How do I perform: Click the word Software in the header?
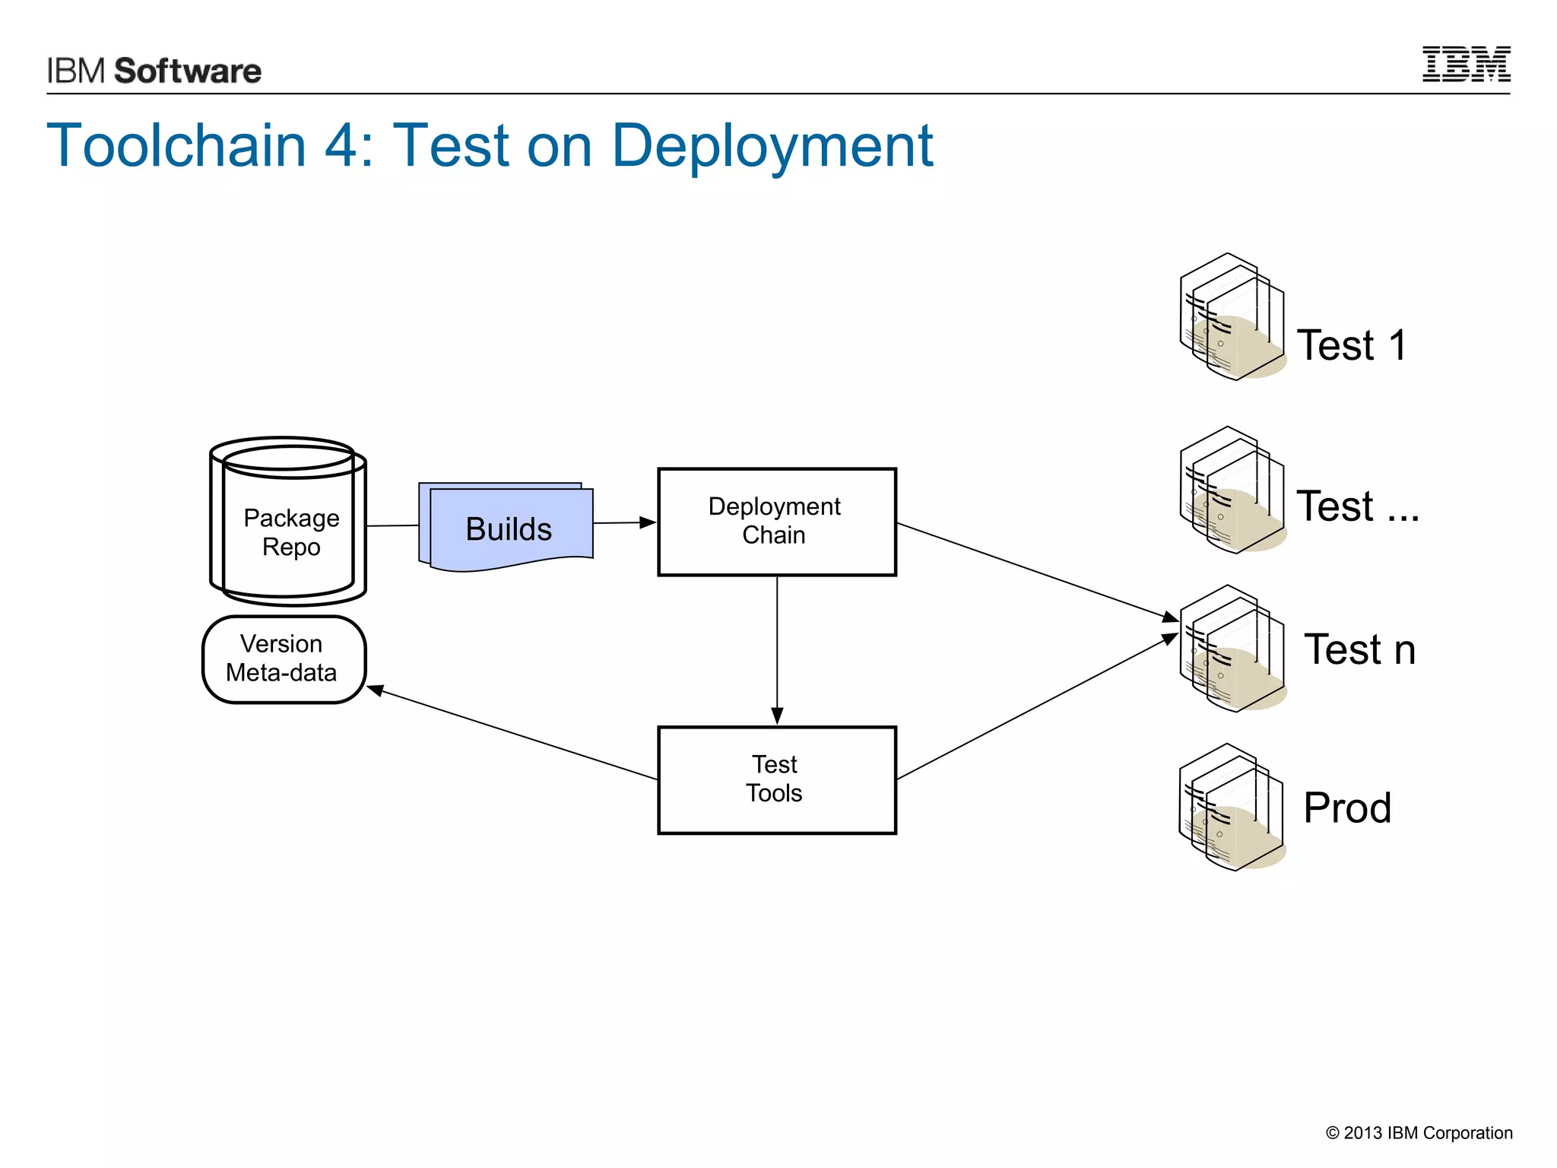(x=188, y=71)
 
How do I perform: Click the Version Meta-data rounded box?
(x=284, y=659)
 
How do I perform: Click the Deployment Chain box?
(x=776, y=522)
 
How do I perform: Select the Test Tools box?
(x=776, y=779)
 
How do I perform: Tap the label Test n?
(x=1359, y=649)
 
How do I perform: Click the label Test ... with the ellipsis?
(x=1357, y=506)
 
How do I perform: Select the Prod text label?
(x=1347, y=808)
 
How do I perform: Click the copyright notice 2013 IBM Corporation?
(x=1419, y=1133)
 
